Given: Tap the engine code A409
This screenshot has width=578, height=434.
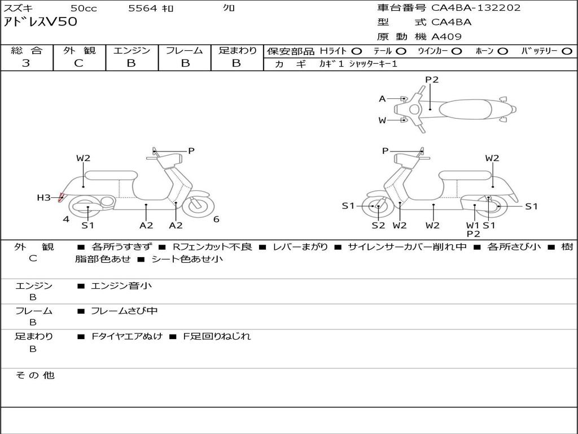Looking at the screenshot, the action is (x=446, y=37).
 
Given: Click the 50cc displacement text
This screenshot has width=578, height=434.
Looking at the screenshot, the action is (x=83, y=8).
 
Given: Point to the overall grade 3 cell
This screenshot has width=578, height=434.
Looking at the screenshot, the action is (x=26, y=63).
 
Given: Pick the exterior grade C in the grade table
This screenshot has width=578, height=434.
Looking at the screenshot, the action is (x=79, y=63).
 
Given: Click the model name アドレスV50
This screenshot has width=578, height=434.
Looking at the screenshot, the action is (x=41, y=23).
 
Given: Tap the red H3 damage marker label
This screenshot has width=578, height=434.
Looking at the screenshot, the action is (x=44, y=197).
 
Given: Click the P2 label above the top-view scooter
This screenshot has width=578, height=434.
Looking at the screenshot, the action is (x=432, y=80).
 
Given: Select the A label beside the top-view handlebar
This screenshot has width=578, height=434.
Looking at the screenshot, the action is (x=382, y=99).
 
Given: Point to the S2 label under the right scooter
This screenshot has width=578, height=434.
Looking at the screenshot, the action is (x=378, y=225).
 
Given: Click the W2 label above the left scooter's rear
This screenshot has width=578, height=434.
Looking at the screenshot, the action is (x=84, y=158).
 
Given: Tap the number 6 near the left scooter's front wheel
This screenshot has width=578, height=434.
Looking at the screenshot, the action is (x=216, y=219).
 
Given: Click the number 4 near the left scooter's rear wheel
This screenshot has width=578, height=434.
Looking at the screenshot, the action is (x=66, y=219).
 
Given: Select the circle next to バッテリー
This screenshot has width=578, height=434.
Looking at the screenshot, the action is (x=567, y=51).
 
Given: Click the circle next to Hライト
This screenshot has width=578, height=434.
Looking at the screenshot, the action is (x=357, y=51).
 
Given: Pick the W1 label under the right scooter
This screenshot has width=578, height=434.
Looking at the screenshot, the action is (x=473, y=225).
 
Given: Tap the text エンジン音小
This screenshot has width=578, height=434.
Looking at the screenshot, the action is (x=121, y=286).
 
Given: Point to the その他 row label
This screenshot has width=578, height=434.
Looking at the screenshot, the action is (x=34, y=375).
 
